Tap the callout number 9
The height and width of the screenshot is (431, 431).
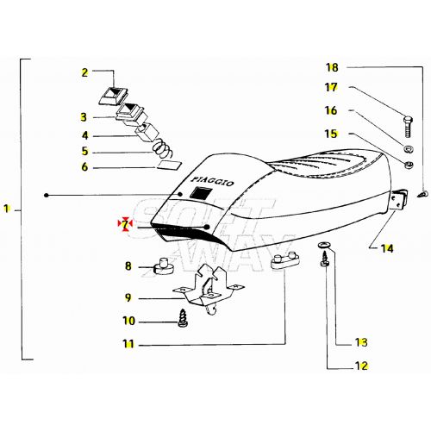pos(128,298)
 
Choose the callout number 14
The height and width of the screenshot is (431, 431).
pos(387,248)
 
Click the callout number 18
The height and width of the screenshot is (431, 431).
pos(333,66)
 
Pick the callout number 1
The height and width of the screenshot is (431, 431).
pos(7,209)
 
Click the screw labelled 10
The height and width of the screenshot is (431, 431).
pos(184,318)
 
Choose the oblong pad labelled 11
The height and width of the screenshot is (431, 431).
pos(282,263)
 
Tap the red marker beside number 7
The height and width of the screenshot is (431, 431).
pos(125,224)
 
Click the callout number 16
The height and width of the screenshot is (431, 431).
pos(333,110)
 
